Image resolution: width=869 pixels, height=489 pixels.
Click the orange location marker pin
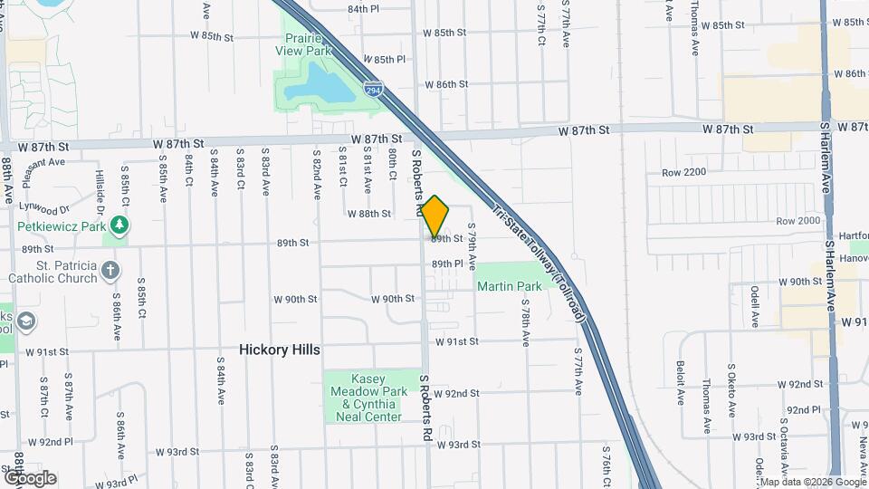pyautogui.click(x=435, y=216)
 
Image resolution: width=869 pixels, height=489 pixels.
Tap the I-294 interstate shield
pyautogui.click(x=373, y=90)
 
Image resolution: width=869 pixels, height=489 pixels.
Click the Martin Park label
pyautogui.click(x=510, y=286)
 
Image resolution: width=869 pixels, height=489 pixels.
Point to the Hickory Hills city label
pyautogui.click(x=280, y=350)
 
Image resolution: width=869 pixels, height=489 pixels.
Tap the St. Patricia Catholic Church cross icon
pyautogui.click(x=110, y=269)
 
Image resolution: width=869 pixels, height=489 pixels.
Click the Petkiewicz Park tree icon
pyautogui.click(x=118, y=225)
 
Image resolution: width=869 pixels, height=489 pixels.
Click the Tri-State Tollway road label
pyautogui.click(x=540, y=260)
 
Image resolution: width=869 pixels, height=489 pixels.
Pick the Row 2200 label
pyautogui.click(x=683, y=172)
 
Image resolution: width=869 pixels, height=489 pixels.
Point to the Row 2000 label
pyautogui.click(x=797, y=221)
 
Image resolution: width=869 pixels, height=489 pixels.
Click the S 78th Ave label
pyautogui.click(x=525, y=324)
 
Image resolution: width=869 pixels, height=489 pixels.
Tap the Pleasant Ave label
pyautogui.click(x=45, y=163)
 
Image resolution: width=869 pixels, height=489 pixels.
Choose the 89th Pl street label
pyautogui.click(x=447, y=264)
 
